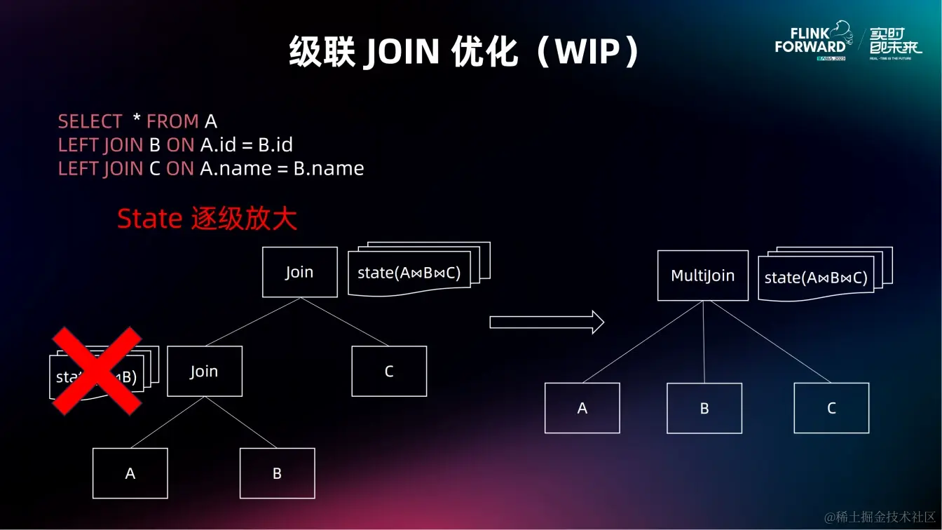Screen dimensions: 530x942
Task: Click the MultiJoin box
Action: click(702, 276)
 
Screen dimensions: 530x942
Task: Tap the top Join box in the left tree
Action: click(299, 272)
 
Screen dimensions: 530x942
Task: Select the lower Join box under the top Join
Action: click(204, 372)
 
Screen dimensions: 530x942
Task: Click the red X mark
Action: click(96, 371)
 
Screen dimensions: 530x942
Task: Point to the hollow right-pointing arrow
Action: click(546, 322)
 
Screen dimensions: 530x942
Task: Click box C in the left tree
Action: click(389, 372)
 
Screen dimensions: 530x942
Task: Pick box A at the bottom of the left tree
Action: click(130, 473)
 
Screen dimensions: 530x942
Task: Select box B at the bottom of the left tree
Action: click(277, 473)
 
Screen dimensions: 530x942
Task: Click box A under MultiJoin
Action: click(582, 408)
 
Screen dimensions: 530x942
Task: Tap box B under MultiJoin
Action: click(704, 408)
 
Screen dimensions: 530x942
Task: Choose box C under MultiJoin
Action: click(831, 408)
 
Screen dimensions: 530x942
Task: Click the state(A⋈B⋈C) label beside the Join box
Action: click(409, 273)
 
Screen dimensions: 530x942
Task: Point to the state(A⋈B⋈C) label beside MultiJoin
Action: click(816, 278)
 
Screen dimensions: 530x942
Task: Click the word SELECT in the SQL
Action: click(90, 121)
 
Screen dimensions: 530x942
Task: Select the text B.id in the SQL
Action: click(275, 145)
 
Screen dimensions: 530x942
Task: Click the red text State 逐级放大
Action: click(207, 219)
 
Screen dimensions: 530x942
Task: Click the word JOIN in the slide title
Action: click(402, 52)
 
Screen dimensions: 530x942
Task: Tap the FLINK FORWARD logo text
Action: click(811, 41)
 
